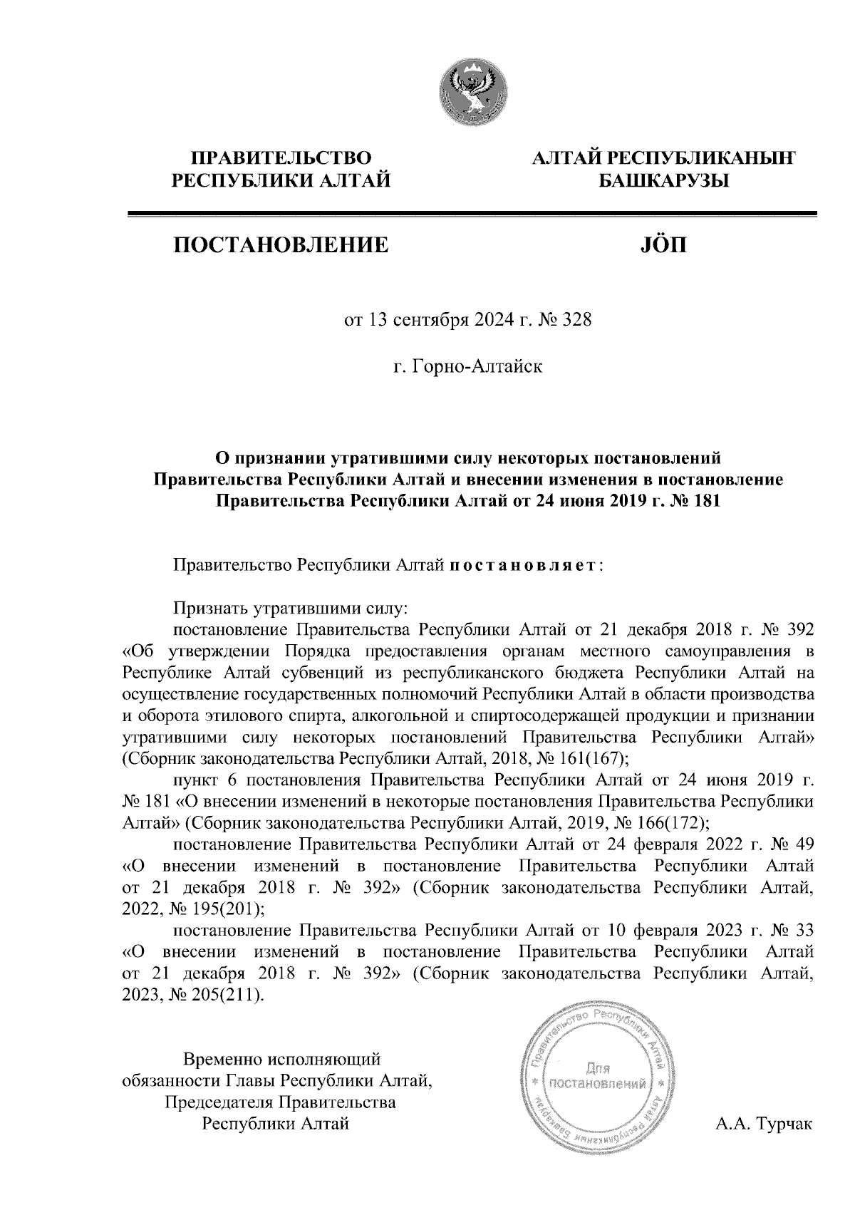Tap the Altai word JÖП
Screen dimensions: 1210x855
[x=662, y=246]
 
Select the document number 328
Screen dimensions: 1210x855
[x=577, y=321]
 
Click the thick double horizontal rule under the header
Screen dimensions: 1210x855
[x=470, y=213]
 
